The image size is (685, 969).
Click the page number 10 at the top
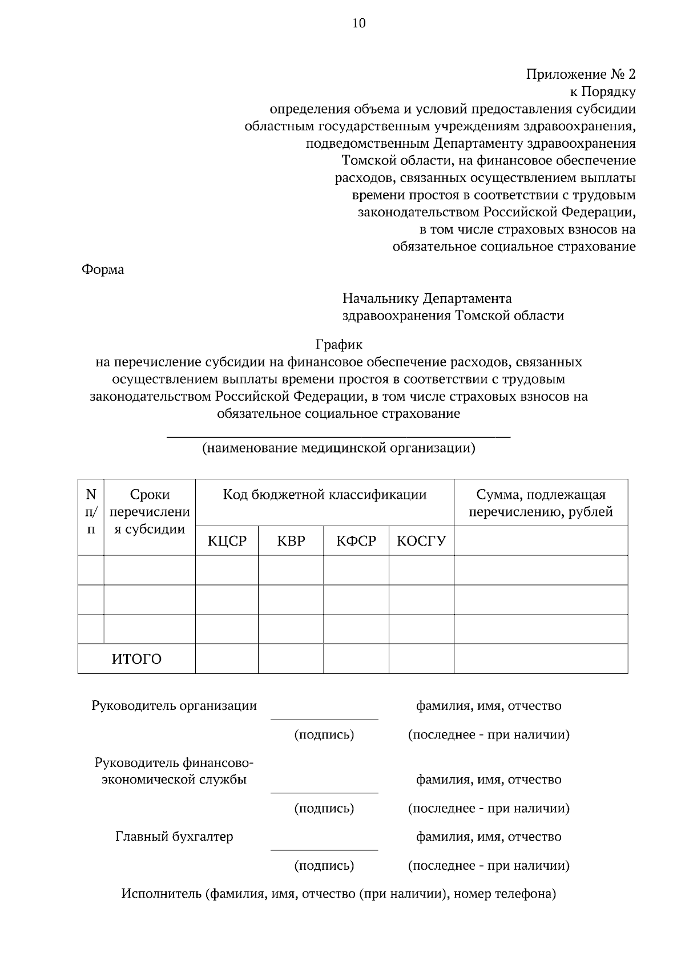tap(359, 23)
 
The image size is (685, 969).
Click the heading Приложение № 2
tap(581, 74)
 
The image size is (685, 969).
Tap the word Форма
tap(103, 269)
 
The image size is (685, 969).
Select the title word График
tap(339, 345)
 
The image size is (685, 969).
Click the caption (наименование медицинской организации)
tap(339, 448)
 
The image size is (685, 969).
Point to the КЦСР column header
tap(227, 541)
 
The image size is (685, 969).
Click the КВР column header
tap(291, 541)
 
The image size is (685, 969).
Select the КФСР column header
tap(356, 541)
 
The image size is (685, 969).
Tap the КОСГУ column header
tap(421, 541)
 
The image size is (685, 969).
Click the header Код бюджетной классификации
tap(324, 495)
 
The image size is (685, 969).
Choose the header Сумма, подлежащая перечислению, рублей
tap(541, 503)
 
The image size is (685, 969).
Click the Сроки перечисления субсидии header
tap(150, 511)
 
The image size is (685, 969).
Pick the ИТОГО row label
tap(136, 659)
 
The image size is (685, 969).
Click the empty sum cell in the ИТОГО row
tap(541, 659)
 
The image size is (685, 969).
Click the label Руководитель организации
tap(174, 706)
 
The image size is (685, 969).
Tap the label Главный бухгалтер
tap(174, 837)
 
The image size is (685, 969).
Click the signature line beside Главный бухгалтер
tap(324, 849)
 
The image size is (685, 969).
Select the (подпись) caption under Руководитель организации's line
tap(324, 735)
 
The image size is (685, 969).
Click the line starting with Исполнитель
tap(339, 894)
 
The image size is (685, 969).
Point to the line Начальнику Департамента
tap(427, 298)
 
